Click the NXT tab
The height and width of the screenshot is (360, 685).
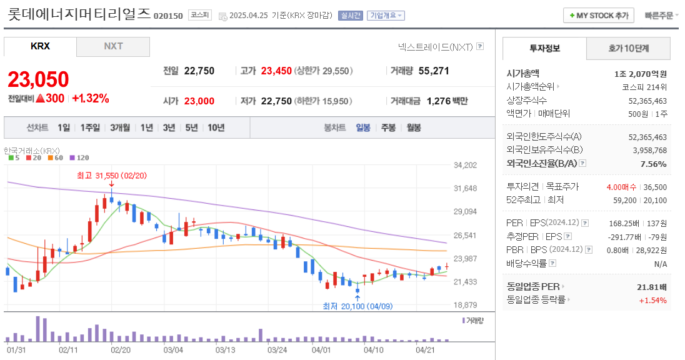tap(113, 47)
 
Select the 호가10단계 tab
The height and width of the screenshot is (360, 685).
tap(628, 48)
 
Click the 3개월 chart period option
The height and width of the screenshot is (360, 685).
tap(120, 127)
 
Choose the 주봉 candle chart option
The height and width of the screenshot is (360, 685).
tap(388, 127)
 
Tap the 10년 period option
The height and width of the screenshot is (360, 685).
tap(216, 127)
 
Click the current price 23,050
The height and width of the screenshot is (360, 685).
tap(38, 79)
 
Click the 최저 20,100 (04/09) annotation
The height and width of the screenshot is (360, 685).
tap(357, 306)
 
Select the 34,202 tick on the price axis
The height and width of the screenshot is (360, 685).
tap(465, 165)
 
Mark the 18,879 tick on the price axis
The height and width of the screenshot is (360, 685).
tap(465, 305)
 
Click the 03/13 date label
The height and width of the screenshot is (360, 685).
tap(225, 350)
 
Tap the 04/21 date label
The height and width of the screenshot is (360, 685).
tap(425, 350)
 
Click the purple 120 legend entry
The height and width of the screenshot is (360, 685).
tap(79, 157)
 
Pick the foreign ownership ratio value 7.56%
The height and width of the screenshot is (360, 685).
tap(653, 164)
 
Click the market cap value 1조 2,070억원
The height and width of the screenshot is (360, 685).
tap(640, 73)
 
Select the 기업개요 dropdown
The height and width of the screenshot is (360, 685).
tap(386, 15)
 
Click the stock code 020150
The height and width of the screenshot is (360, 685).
tap(168, 16)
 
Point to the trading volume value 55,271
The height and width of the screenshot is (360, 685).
tap(434, 71)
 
